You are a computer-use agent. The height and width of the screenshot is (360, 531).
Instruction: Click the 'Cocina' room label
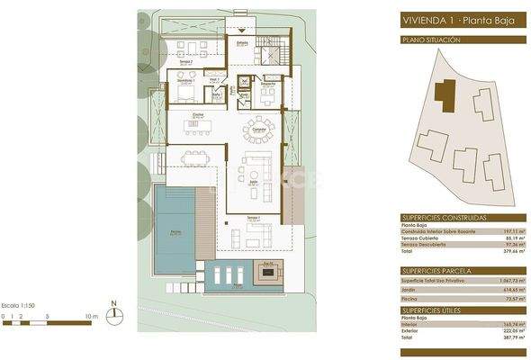199,115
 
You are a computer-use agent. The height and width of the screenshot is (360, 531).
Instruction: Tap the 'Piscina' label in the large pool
175,231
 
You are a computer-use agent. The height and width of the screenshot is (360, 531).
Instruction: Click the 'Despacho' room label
267,85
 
